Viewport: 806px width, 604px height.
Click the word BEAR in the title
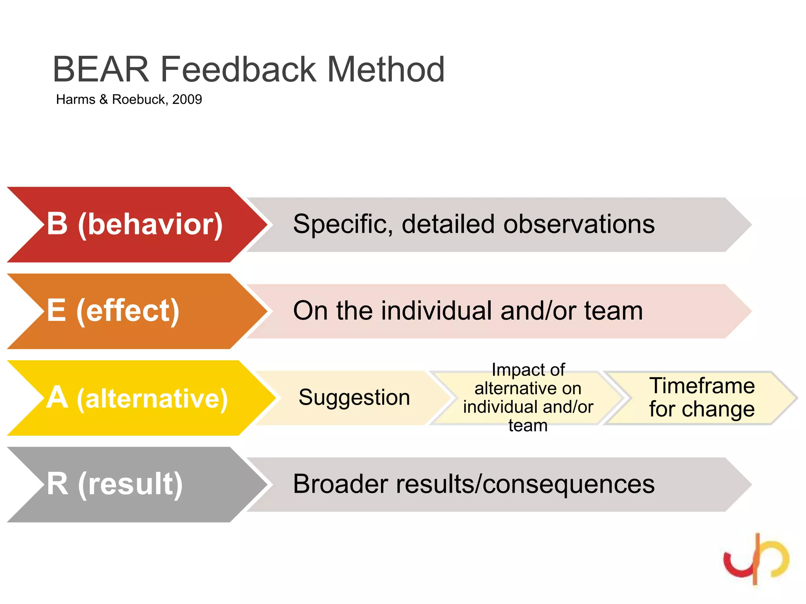[x=101, y=70]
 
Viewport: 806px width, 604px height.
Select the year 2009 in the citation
[x=187, y=99]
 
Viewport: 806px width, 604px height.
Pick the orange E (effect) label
[x=113, y=311]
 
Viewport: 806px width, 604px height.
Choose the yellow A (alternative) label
[x=137, y=398]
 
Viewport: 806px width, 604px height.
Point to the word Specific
[x=343, y=224]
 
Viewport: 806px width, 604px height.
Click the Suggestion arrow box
[x=354, y=398]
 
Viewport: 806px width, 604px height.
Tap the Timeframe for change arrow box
[x=702, y=397]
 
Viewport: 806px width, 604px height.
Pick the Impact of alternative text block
[x=528, y=398]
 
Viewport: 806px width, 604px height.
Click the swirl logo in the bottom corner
[x=756, y=558]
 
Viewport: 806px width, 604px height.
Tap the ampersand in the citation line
[x=104, y=99]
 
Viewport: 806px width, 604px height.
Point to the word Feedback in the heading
[x=238, y=70]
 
